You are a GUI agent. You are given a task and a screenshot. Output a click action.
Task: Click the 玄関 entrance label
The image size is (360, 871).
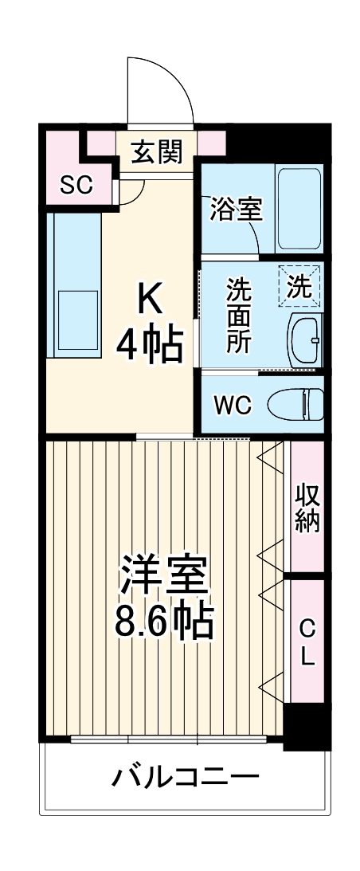click(x=156, y=151)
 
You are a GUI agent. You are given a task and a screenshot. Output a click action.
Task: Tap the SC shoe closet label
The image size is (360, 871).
click(x=77, y=186)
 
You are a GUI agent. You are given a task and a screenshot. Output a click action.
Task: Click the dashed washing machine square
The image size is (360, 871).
click(x=300, y=287)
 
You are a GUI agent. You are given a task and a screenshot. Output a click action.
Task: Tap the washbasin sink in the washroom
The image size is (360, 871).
click(x=305, y=340)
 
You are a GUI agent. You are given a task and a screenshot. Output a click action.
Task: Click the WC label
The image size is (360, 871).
click(x=232, y=405)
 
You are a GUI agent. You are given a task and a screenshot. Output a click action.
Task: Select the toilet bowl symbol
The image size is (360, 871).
click(x=295, y=405)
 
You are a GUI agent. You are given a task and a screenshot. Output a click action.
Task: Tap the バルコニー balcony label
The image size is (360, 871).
click(x=185, y=776)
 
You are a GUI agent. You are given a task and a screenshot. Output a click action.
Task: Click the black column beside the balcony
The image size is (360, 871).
click(x=307, y=728)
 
